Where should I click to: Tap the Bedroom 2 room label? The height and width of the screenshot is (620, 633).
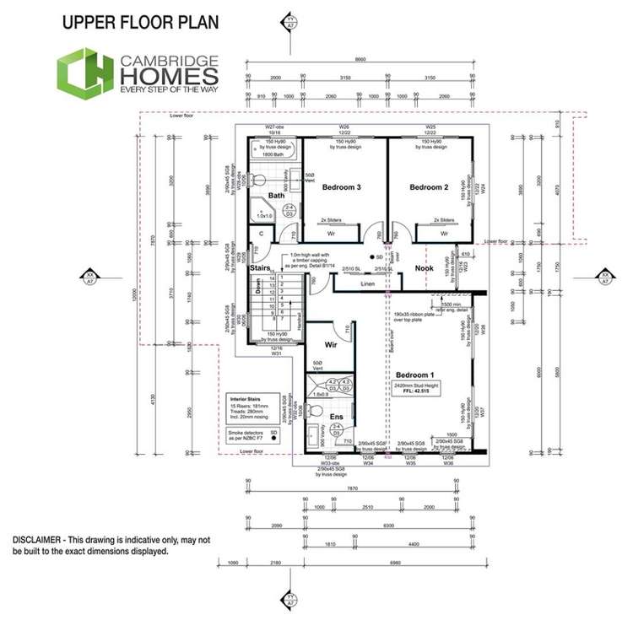(429, 186)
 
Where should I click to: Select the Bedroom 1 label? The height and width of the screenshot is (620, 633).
(414, 374)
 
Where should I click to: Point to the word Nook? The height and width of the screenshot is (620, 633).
(424, 268)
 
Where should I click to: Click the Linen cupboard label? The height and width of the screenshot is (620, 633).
(367, 284)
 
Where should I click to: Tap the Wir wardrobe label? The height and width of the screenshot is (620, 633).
(332, 344)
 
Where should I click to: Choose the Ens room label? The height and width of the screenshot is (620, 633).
(335, 416)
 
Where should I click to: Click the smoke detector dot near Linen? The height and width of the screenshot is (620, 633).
(371, 256)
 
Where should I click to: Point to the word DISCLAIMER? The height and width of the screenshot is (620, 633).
(39, 539)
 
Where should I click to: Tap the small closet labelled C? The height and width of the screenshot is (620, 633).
(262, 234)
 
